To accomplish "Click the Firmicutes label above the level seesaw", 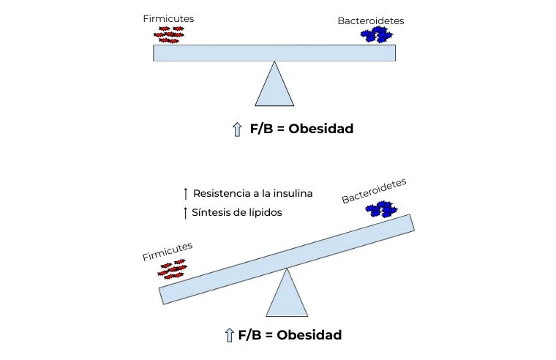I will point(164,18).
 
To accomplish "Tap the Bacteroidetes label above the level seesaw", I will point(370,21).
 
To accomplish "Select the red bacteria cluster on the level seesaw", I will point(168,34).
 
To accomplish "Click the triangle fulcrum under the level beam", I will point(274,86).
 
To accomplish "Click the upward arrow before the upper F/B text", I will point(236,129).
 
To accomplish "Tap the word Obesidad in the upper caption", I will point(320,129).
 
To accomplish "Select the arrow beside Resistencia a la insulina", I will point(186,194).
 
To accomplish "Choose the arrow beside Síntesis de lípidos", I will point(186,213).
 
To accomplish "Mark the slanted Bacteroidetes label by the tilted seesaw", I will point(373,191).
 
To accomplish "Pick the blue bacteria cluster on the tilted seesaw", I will point(380,210).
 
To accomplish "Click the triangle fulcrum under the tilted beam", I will point(287,295).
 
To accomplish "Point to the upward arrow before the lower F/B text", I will point(228,336).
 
